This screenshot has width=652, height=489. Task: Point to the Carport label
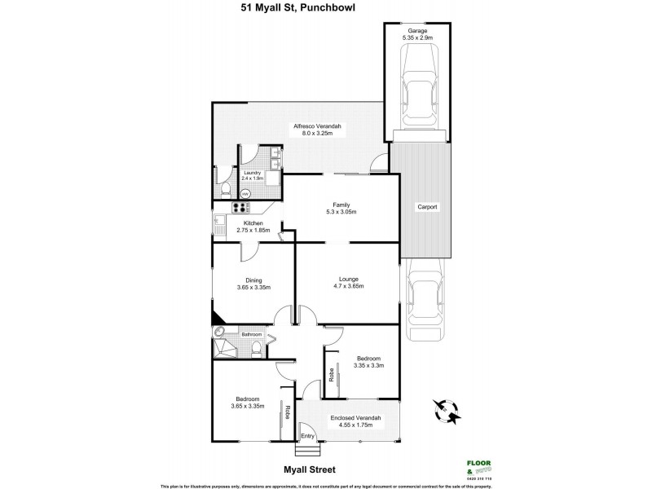click(x=427, y=207)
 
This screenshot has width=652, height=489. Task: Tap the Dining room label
click(x=253, y=280)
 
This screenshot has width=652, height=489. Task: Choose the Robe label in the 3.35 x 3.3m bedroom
click(x=332, y=375)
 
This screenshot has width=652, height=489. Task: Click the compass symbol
click(x=443, y=410)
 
